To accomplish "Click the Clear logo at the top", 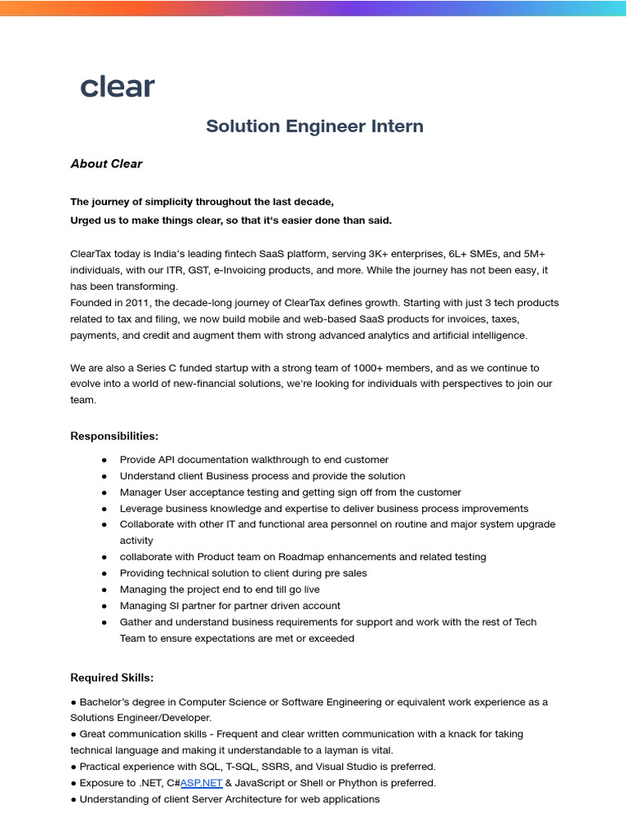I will [117, 87].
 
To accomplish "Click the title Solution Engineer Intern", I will [314, 126].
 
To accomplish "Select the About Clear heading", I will [106, 163].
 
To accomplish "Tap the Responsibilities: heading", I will [114, 436].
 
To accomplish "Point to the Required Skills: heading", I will [112, 678].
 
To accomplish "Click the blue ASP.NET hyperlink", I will [202, 783].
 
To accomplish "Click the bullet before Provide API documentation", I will [104, 460].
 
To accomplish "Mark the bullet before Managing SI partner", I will [104, 606].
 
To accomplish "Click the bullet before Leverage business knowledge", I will [104, 509].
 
